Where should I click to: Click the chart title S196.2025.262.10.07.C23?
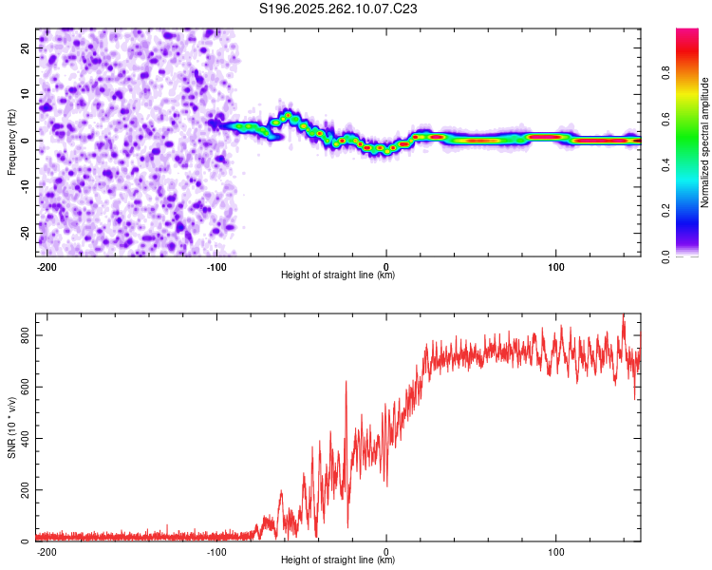[339, 9]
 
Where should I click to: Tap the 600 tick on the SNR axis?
[23, 387]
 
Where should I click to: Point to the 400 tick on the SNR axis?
[23, 438]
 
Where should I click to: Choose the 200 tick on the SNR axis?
[23, 490]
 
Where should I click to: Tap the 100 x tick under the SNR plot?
[555, 551]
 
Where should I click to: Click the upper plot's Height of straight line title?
[338, 275]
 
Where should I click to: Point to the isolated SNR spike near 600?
[346, 382]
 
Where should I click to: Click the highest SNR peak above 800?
[624, 315]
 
